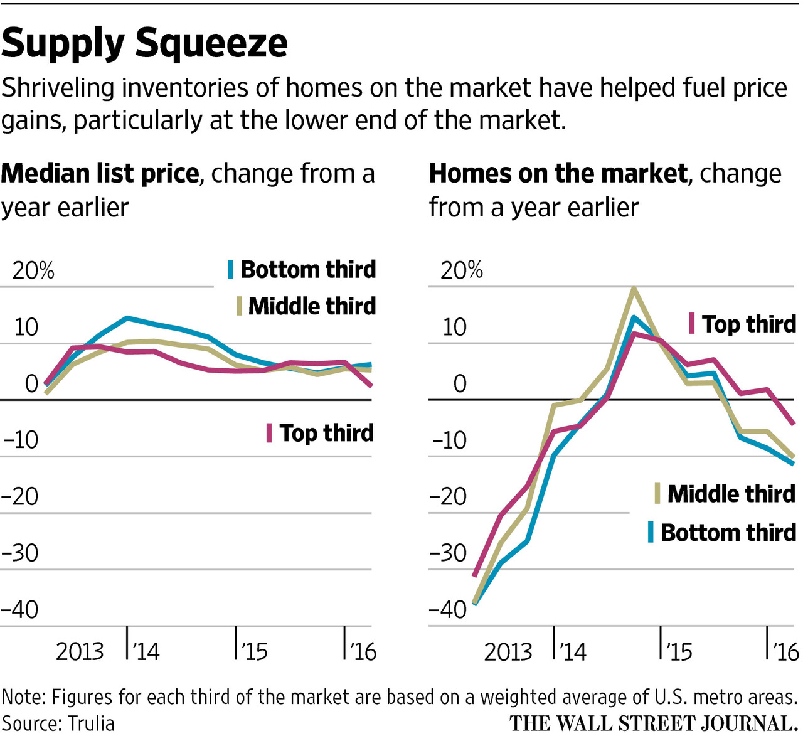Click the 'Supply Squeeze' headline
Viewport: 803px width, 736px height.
pyautogui.click(x=144, y=43)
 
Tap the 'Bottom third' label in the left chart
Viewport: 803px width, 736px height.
pyautogui.click(x=307, y=269)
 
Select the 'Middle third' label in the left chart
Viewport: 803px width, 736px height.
pyautogui.click(x=312, y=306)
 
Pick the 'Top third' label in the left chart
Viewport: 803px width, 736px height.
pyautogui.click(x=326, y=433)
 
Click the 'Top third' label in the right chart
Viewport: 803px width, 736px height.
pyautogui.click(x=748, y=324)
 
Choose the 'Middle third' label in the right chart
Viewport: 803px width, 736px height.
pyautogui.click(x=731, y=493)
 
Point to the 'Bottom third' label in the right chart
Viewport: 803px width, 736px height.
pyautogui.click(x=728, y=532)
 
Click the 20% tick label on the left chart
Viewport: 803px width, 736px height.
pyautogui.click(x=33, y=270)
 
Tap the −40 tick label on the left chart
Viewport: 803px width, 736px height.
pyautogui.click(x=21, y=609)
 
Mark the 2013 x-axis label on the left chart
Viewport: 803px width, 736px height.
pyautogui.click(x=80, y=651)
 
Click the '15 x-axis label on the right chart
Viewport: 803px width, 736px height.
pyautogui.click(x=678, y=651)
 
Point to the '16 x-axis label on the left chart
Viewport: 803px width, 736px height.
pyautogui.click(x=362, y=651)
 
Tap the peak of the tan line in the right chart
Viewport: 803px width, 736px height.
pyautogui.click(x=634, y=289)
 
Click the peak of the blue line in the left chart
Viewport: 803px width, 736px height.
pyautogui.click(x=127, y=317)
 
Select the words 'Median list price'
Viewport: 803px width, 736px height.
pyautogui.click(x=100, y=173)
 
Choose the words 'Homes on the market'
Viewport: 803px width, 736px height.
pyautogui.click(x=558, y=173)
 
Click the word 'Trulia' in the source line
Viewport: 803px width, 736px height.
pyautogui.click(x=92, y=723)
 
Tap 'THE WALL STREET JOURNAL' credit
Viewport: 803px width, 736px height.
pyautogui.click(x=652, y=723)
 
